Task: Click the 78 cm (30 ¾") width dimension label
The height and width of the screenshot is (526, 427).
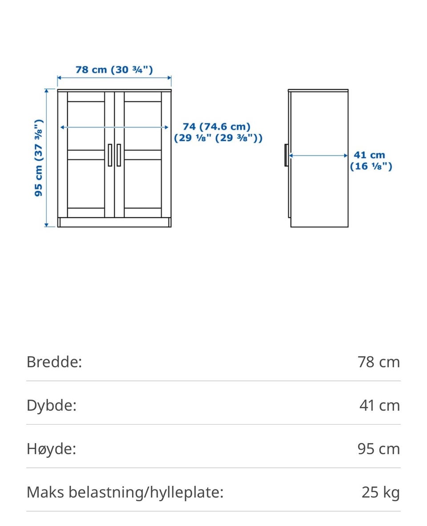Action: point(114,70)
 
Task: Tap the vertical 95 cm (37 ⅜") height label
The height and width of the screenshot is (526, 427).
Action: point(39,158)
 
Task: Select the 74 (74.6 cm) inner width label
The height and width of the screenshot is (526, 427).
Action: point(218,132)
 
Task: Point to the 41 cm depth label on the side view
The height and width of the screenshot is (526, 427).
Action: point(371,160)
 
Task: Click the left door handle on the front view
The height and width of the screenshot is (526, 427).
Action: point(110,155)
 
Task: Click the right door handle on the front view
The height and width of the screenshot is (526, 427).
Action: point(119,155)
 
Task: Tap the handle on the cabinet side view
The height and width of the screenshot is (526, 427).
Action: point(286,155)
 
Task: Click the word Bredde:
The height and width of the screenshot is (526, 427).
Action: point(54,362)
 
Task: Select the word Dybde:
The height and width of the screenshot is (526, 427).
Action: point(52,405)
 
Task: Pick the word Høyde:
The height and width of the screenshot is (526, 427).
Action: point(51,449)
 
